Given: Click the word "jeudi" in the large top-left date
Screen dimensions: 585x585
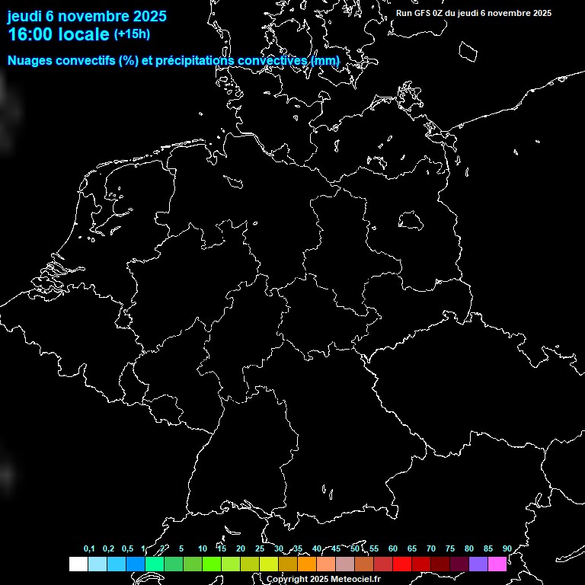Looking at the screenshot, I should point(24,16).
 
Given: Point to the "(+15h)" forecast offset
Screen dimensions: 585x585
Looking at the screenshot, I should point(132,34).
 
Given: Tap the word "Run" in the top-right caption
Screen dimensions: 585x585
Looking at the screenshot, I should point(404,13).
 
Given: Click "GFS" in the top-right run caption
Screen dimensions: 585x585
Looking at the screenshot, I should point(423,13).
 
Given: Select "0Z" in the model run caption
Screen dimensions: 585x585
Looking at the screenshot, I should point(439,13).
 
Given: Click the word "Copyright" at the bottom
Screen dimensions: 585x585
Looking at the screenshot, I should point(286,580).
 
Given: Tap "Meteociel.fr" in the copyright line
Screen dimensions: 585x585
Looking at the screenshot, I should point(356,580).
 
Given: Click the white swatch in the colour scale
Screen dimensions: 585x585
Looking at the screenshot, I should point(78,564).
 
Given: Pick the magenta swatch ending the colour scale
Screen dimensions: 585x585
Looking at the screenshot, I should point(497,564).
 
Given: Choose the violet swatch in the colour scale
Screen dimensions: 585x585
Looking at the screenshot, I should point(478,564).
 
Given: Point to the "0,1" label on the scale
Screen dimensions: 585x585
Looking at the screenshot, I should point(89,549).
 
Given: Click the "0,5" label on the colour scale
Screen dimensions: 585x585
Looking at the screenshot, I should point(127,549).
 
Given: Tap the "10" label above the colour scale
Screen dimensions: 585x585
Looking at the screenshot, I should point(202,549).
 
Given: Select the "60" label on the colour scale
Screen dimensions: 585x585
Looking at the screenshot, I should point(393,549).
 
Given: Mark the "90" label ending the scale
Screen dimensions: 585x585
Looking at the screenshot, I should point(507,549).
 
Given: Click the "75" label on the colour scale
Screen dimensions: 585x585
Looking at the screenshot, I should point(450,549).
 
